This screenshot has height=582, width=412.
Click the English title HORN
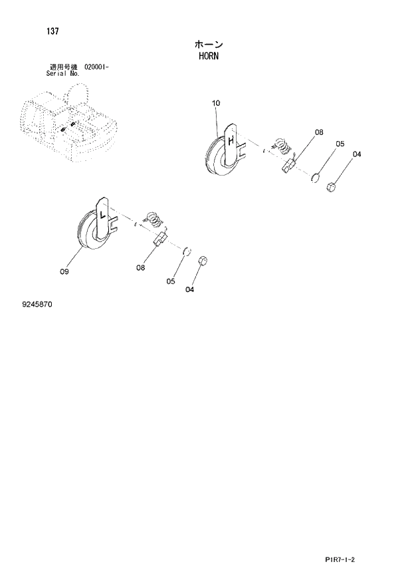[x=209, y=56]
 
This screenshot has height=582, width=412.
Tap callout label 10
[x=217, y=103]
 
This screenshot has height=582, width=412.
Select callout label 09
[x=64, y=271]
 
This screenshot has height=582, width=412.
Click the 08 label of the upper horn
[x=319, y=132]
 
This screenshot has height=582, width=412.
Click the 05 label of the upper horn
[x=340, y=144]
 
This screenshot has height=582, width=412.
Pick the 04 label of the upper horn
[x=357, y=154]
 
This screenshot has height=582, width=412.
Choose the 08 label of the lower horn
[x=141, y=267]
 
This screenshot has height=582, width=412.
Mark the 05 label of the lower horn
[x=171, y=281]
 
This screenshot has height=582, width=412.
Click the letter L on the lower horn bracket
[x=102, y=215]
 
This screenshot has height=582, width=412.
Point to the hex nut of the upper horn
[x=331, y=189]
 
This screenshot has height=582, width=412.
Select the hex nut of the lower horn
[x=203, y=259]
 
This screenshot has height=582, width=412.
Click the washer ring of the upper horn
[x=316, y=177]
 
